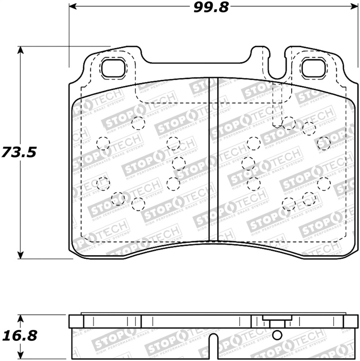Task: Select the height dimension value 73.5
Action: [18, 152]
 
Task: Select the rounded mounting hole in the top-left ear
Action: [113, 68]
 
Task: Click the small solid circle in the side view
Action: [277, 334]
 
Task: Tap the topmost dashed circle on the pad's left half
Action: [138, 123]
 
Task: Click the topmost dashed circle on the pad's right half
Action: [289, 123]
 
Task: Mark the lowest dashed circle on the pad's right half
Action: [289, 205]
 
